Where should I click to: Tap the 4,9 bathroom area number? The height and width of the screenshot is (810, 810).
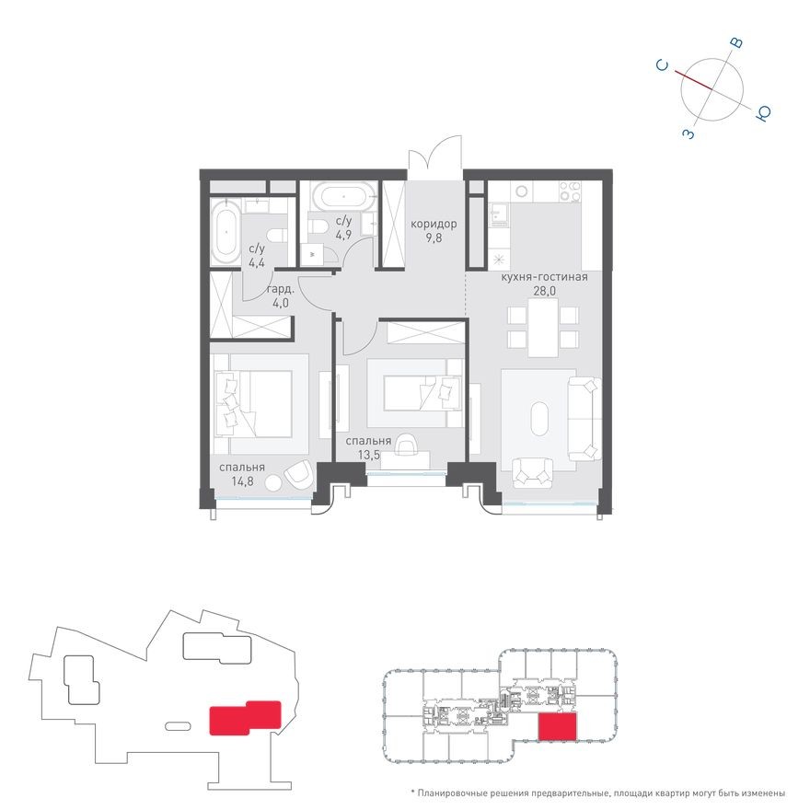(x=344, y=235)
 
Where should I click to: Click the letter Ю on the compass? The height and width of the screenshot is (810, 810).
(x=763, y=113)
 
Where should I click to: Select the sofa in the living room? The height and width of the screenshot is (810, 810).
(x=584, y=419)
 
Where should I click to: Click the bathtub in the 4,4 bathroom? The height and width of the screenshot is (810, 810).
(x=226, y=233)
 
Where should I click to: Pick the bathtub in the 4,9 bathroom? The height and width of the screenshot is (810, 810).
(x=342, y=196)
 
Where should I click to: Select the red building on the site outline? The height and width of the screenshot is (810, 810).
(x=245, y=718)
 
